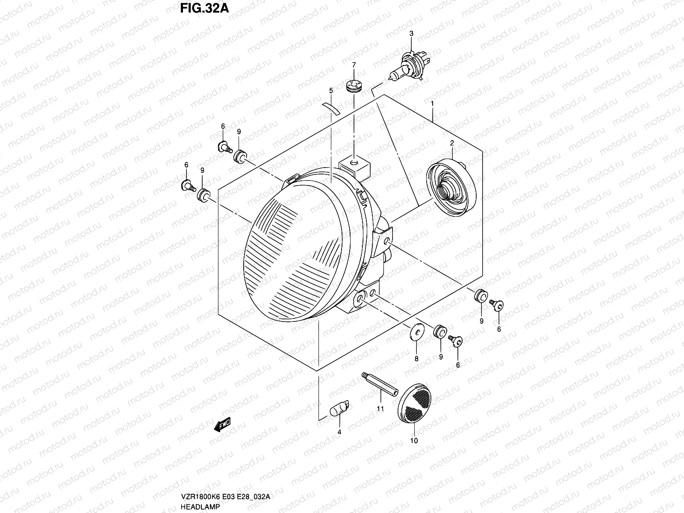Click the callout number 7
(354, 65)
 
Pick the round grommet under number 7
(353, 87)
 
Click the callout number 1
(433, 103)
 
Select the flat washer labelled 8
(416, 332)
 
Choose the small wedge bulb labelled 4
(340, 408)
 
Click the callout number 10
(414, 440)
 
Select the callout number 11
(380, 409)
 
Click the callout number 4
(339, 432)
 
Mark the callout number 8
(416, 358)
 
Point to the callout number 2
(451, 143)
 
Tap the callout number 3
(411, 33)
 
